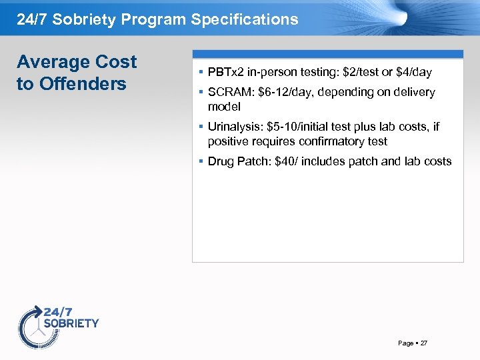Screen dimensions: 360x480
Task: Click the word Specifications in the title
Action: point(245,19)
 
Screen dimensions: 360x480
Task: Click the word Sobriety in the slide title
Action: point(87,19)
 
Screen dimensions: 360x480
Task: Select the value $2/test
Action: point(359,71)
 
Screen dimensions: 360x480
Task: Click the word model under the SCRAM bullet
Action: point(224,107)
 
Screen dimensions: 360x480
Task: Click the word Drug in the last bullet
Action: point(221,161)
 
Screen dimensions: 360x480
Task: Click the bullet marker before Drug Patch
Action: point(201,161)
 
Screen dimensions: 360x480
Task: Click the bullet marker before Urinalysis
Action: point(201,127)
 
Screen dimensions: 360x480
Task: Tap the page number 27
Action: point(424,343)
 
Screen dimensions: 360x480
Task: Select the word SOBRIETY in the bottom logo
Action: point(71,323)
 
